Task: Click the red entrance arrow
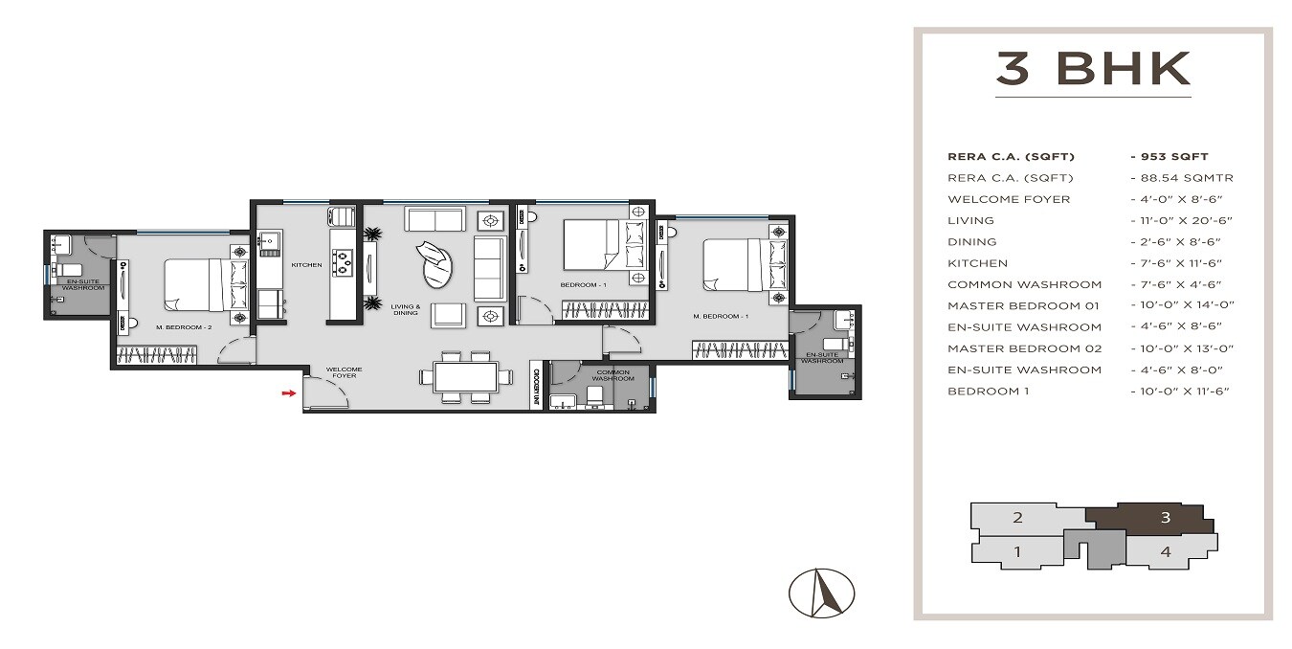(x=286, y=392)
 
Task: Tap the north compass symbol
(x=821, y=593)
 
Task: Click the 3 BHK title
(x=1093, y=70)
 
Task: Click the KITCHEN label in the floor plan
(x=306, y=265)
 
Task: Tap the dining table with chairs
(x=465, y=376)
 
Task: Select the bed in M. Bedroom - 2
(x=198, y=285)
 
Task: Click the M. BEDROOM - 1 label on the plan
(x=720, y=316)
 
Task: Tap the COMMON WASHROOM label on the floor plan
(x=613, y=374)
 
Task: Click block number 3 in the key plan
(x=1165, y=518)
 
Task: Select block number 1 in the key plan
(x=1017, y=551)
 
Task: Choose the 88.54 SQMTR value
(x=1181, y=178)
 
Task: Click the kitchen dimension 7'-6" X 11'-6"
(x=1179, y=263)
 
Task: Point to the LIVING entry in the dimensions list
(x=971, y=220)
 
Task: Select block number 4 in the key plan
(x=1165, y=551)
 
